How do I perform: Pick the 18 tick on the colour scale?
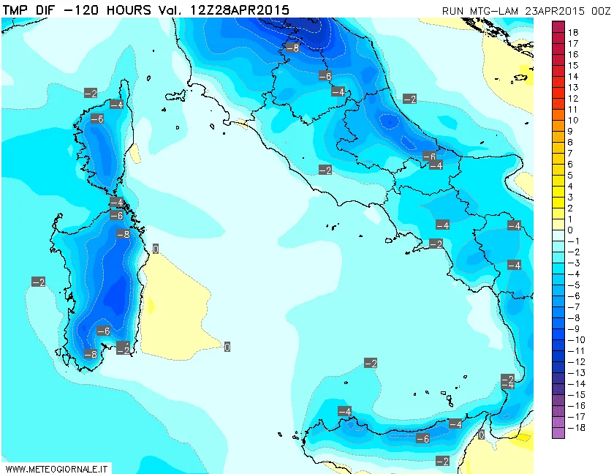pos(573,33)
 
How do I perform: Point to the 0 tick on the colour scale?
pos(570,230)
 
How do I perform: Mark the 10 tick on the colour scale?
pos(573,120)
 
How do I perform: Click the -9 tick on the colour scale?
pos(572,328)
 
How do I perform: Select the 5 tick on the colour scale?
pos(570,175)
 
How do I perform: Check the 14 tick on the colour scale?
pos(573,76)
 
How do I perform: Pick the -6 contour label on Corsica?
pos(96,119)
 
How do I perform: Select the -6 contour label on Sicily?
pos(422,439)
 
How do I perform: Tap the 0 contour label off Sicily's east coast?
pos(481,435)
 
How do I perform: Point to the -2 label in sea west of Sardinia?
pos(38,282)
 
